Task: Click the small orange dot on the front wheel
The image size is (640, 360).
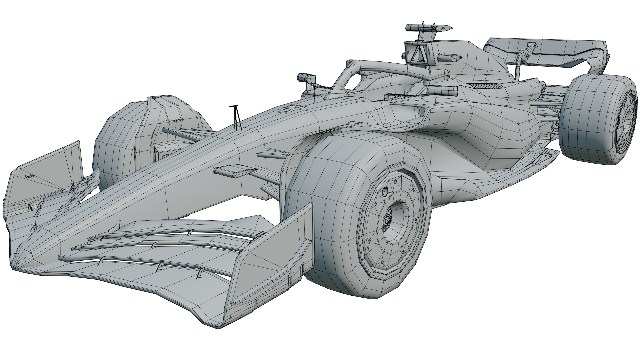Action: (389, 199)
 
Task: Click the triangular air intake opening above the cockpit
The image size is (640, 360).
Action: (416, 53)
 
